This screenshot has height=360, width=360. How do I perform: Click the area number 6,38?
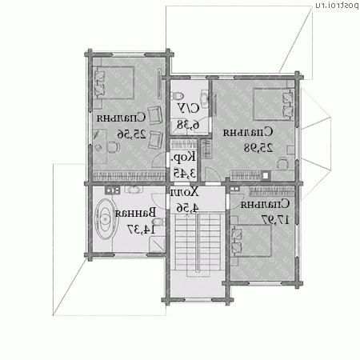click(183, 124)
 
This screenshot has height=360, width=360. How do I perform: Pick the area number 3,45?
click(183, 173)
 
